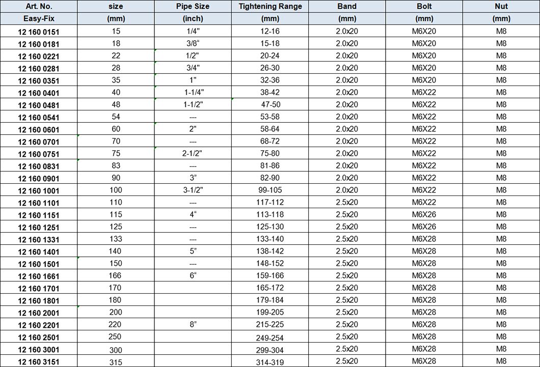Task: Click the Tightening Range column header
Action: (270, 7)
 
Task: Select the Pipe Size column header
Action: (193, 7)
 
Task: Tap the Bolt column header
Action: (424, 7)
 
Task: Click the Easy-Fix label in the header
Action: (39, 19)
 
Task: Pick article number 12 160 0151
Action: (39, 32)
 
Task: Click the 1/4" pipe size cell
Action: (193, 31)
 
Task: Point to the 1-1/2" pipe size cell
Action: (193, 104)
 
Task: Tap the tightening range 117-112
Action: (270, 202)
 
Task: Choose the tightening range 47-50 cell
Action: (270, 104)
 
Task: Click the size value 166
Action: (116, 275)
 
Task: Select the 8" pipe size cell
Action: (193, 324)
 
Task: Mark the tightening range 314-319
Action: (270, 362)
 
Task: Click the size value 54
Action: (116, 117)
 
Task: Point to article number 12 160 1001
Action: (39, 191)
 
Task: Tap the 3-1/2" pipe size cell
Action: (193, 190)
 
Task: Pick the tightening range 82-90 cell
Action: (270, 178)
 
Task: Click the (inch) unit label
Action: (193, 19)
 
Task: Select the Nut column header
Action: (501, 7)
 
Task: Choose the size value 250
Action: (116, 337)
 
